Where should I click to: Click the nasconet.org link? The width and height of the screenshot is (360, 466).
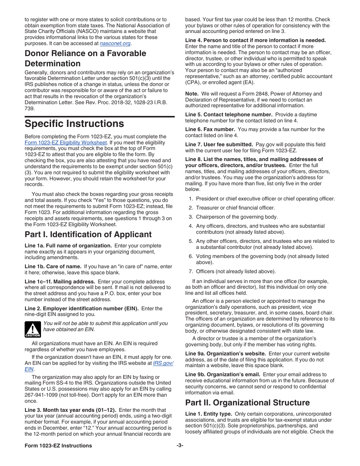tap(115, 44)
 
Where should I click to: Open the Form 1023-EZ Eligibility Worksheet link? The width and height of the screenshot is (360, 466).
tap(66, 143)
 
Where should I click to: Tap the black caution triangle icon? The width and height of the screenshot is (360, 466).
tap(33, 329)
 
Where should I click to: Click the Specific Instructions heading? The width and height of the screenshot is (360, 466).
tap(74, 124)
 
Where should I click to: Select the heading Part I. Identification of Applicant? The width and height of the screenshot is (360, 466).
tap(88, 235)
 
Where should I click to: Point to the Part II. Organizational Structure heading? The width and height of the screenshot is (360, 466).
tap(247, 402)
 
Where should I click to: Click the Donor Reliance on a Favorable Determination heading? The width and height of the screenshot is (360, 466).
tap(85, 58)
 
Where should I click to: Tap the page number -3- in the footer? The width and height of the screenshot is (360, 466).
tap(180, 446)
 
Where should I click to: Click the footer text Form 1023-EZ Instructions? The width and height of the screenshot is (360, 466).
tap(58, 446)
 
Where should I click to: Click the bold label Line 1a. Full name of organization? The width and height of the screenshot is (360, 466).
tap(68, 246)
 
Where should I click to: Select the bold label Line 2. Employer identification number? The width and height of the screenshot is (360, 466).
tap(81, 309)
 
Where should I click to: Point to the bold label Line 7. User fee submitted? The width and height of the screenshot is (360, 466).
tap(219, 144)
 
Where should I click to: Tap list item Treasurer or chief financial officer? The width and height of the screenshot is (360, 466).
tap(235, 208)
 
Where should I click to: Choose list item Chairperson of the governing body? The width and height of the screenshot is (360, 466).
tap(237, 217)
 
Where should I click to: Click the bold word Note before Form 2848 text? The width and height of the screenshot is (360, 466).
tap(192, 94)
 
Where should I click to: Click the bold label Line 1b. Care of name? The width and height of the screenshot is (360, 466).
tap(53, 267)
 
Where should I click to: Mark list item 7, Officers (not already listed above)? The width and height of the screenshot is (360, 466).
tap(236, 271)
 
